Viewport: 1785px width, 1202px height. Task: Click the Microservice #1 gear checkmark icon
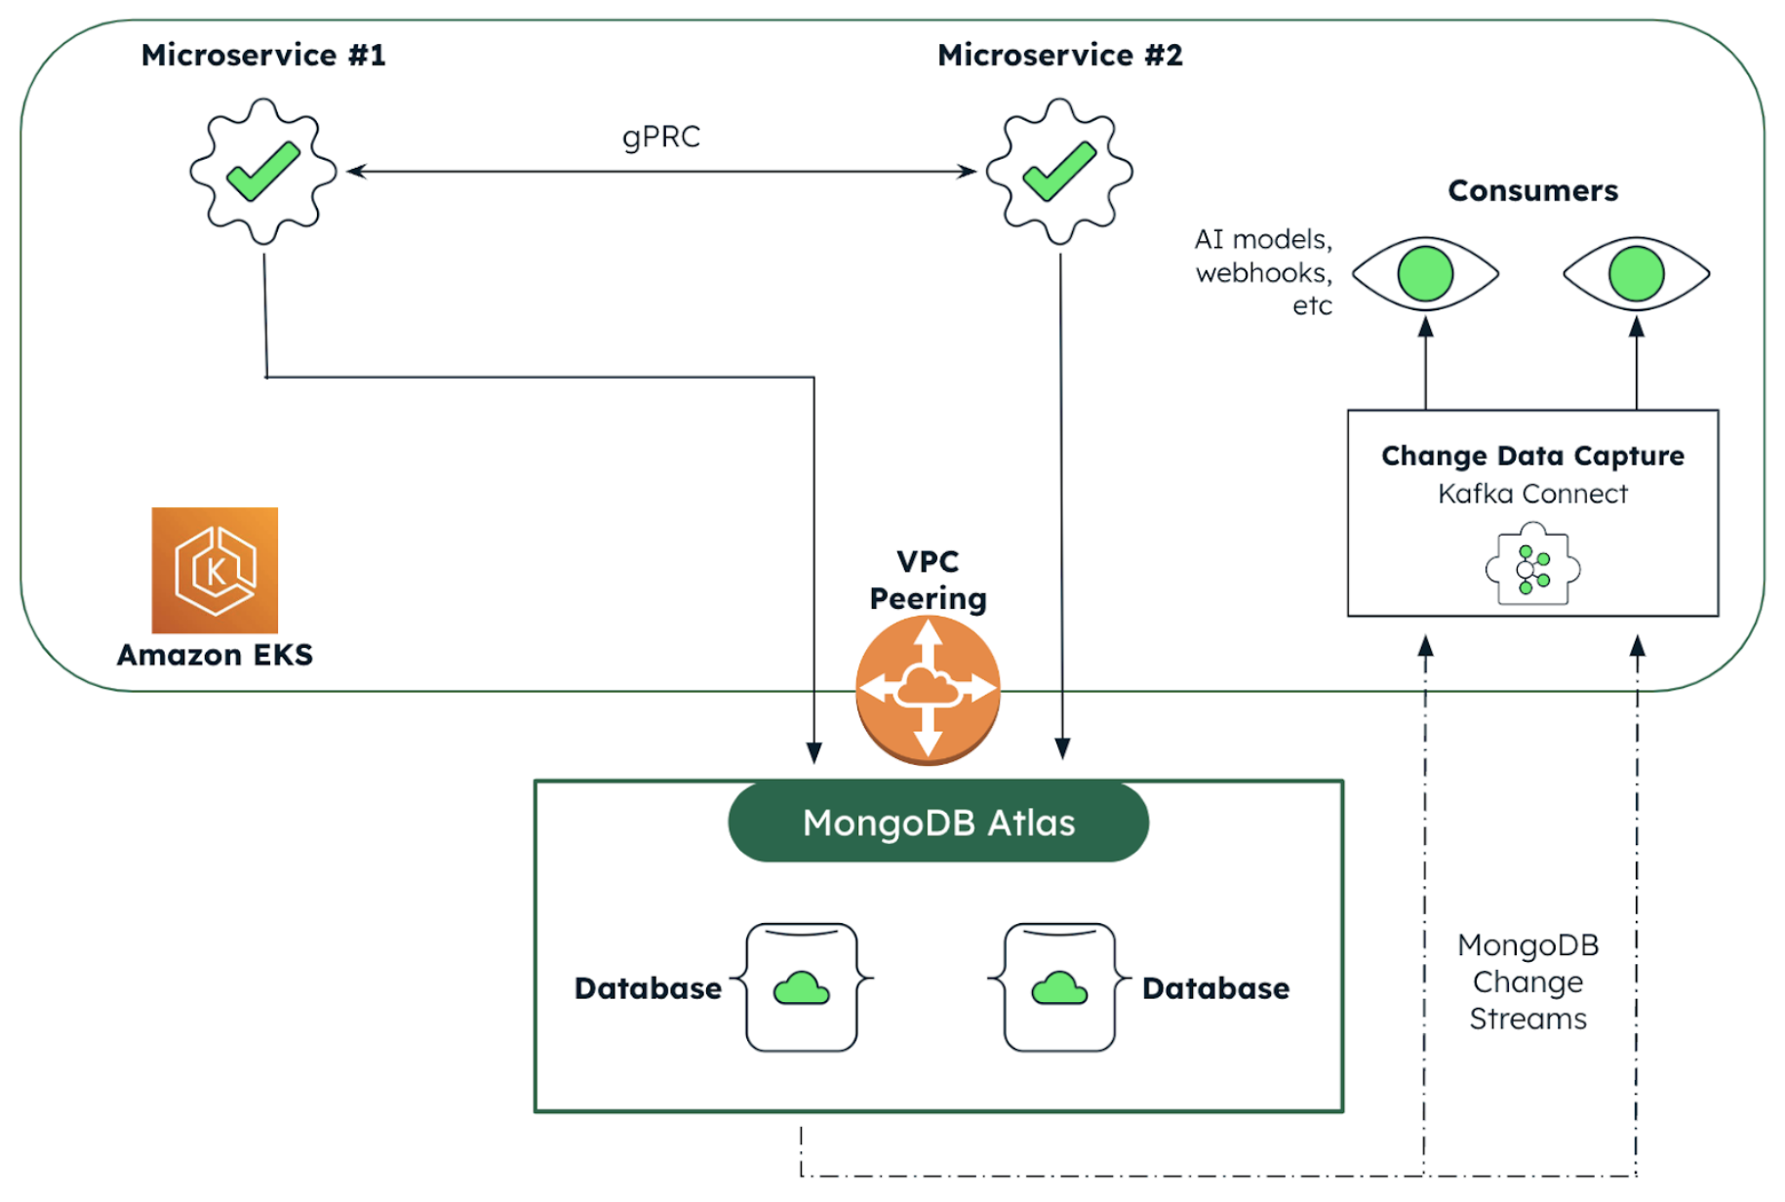coord(263,171)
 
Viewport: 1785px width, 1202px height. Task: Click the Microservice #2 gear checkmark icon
coord(1059,171)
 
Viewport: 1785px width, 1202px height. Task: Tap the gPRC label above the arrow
coord(661,137)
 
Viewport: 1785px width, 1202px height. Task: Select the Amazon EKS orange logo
coord(215,570)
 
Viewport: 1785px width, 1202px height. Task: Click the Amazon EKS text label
coord(215,655)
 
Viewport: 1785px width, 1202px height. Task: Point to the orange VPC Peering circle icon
coord(928,690)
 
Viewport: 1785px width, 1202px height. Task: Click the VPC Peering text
coord(928,580)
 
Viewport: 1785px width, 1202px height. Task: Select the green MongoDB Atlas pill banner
coord(938,822)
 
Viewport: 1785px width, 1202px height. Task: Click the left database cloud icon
coord(801,988)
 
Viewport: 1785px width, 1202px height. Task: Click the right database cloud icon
coord(1059,988)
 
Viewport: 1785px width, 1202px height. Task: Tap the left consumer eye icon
coord(1425,273)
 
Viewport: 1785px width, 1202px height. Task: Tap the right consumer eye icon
coord(1636,273)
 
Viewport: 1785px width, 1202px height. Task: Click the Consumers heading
coord(1532,190)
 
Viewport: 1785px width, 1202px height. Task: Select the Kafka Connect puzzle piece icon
coord(1532,567)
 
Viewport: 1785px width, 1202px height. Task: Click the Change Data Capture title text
coord(1532,456)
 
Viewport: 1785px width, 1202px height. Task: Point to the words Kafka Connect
coord(1532,494)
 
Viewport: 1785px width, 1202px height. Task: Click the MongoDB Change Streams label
coord(1528,982)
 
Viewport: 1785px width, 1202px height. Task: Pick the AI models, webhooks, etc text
coord(1263,272)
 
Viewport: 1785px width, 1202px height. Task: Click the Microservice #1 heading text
coord(263,55)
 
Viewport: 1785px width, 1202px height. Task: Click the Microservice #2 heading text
coord(1059,55)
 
